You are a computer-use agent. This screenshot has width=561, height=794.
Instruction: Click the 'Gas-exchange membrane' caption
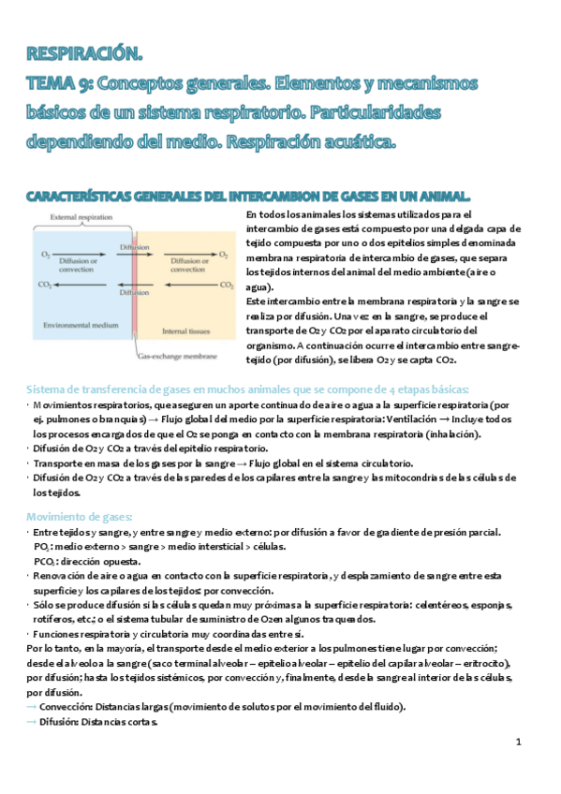pyautogui.click(x=178, y=357)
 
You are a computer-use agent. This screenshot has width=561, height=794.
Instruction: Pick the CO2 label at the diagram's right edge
pyautogui.click(x=226, y=283)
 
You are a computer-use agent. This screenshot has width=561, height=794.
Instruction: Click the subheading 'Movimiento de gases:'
pyautogui.click(x=79, y=517)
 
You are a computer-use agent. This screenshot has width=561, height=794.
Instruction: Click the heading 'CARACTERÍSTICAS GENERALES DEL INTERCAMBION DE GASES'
pyautogui.click(x=248, y=195)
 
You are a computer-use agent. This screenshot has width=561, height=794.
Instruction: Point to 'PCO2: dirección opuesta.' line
pyautogui.click(x=89, y=561)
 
